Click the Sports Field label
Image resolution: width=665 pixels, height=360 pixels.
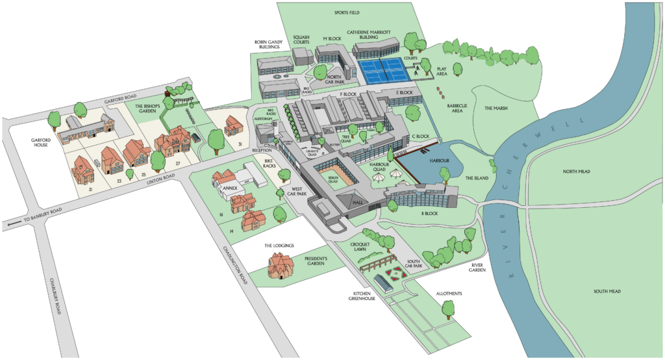(347, 12)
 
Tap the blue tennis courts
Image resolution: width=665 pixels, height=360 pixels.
(383, 70)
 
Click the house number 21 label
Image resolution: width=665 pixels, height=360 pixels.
(91, 188)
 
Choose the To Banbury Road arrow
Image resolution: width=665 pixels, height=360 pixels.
(11, 224)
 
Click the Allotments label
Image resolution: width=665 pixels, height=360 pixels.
(449, 294)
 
